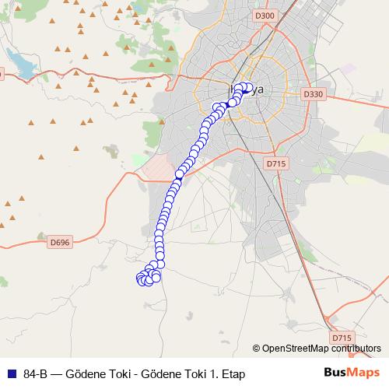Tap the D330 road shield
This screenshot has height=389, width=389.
click(313, 94)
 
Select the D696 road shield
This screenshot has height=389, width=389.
click(59, 242)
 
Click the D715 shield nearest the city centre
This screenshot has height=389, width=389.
click(276, 163)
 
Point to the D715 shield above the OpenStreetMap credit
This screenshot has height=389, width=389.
click(342, 338)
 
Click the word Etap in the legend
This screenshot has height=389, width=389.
click(230, 373)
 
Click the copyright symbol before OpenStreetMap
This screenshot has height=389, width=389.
click(256, 349)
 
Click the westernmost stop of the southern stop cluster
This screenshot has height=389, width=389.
click(141, 278)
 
